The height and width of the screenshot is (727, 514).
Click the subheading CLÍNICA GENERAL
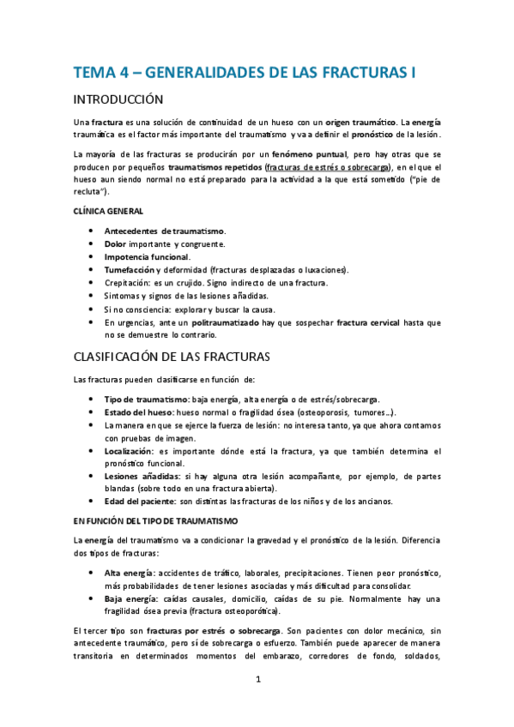click(x=108, y=211)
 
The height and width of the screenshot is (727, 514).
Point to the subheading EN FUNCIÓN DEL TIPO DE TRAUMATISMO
click(x=155, y=520)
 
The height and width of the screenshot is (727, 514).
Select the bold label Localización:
click(x=130, y=451)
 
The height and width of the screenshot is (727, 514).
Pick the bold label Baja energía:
click(x=131, y=599)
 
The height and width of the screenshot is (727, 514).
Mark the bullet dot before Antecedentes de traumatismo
click(x=92, y=231)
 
